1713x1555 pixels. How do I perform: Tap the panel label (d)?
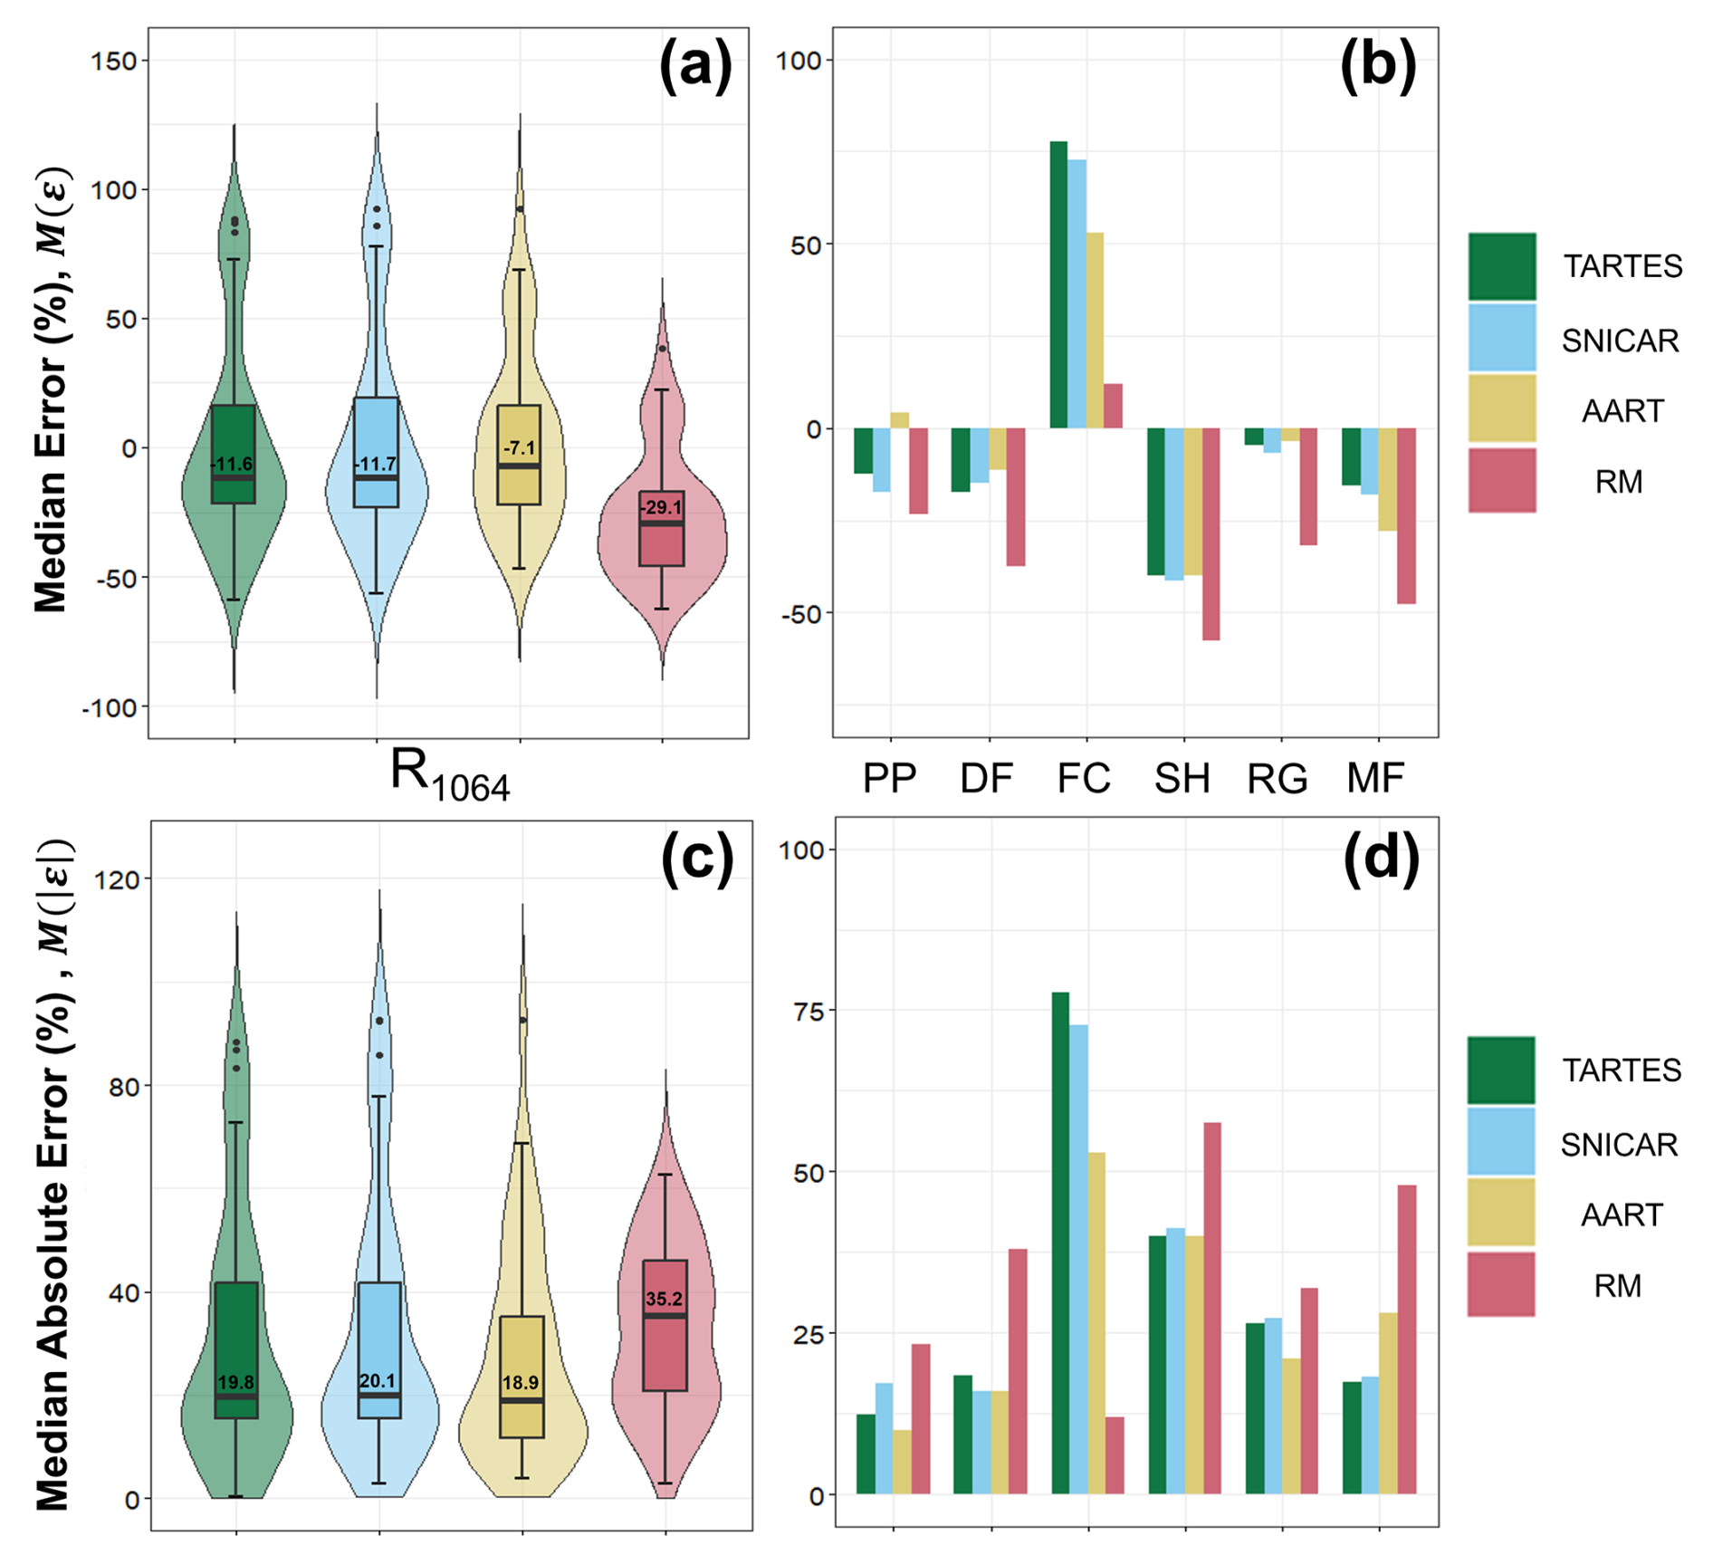click(x=1381, y=856)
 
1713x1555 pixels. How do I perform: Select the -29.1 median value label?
click(x=661, y=508)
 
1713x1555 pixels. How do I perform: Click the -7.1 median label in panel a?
click(x=520, y=448)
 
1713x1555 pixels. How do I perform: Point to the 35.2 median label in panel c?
click(x=664, y=1300)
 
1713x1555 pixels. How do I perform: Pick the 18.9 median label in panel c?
click(x=521, y=1383)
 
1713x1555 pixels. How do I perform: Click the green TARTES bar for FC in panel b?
click(x=1058, y=284)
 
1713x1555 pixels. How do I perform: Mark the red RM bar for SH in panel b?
click(x=1211, y=534)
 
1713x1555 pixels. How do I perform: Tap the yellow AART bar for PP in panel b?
click(x=899, y=420)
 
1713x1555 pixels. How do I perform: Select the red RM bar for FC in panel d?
click(x=1115, y=1454)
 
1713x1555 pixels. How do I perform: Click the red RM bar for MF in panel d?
click(x=1406, y=1339)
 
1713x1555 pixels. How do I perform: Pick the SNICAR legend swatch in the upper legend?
click(x=1502, y=339)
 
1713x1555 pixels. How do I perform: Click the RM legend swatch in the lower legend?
click(x=1500, y=1284)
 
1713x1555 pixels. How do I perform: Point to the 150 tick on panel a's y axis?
click(x=114, y=62)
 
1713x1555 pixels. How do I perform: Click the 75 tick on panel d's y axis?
click(x=809, y=1011)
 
